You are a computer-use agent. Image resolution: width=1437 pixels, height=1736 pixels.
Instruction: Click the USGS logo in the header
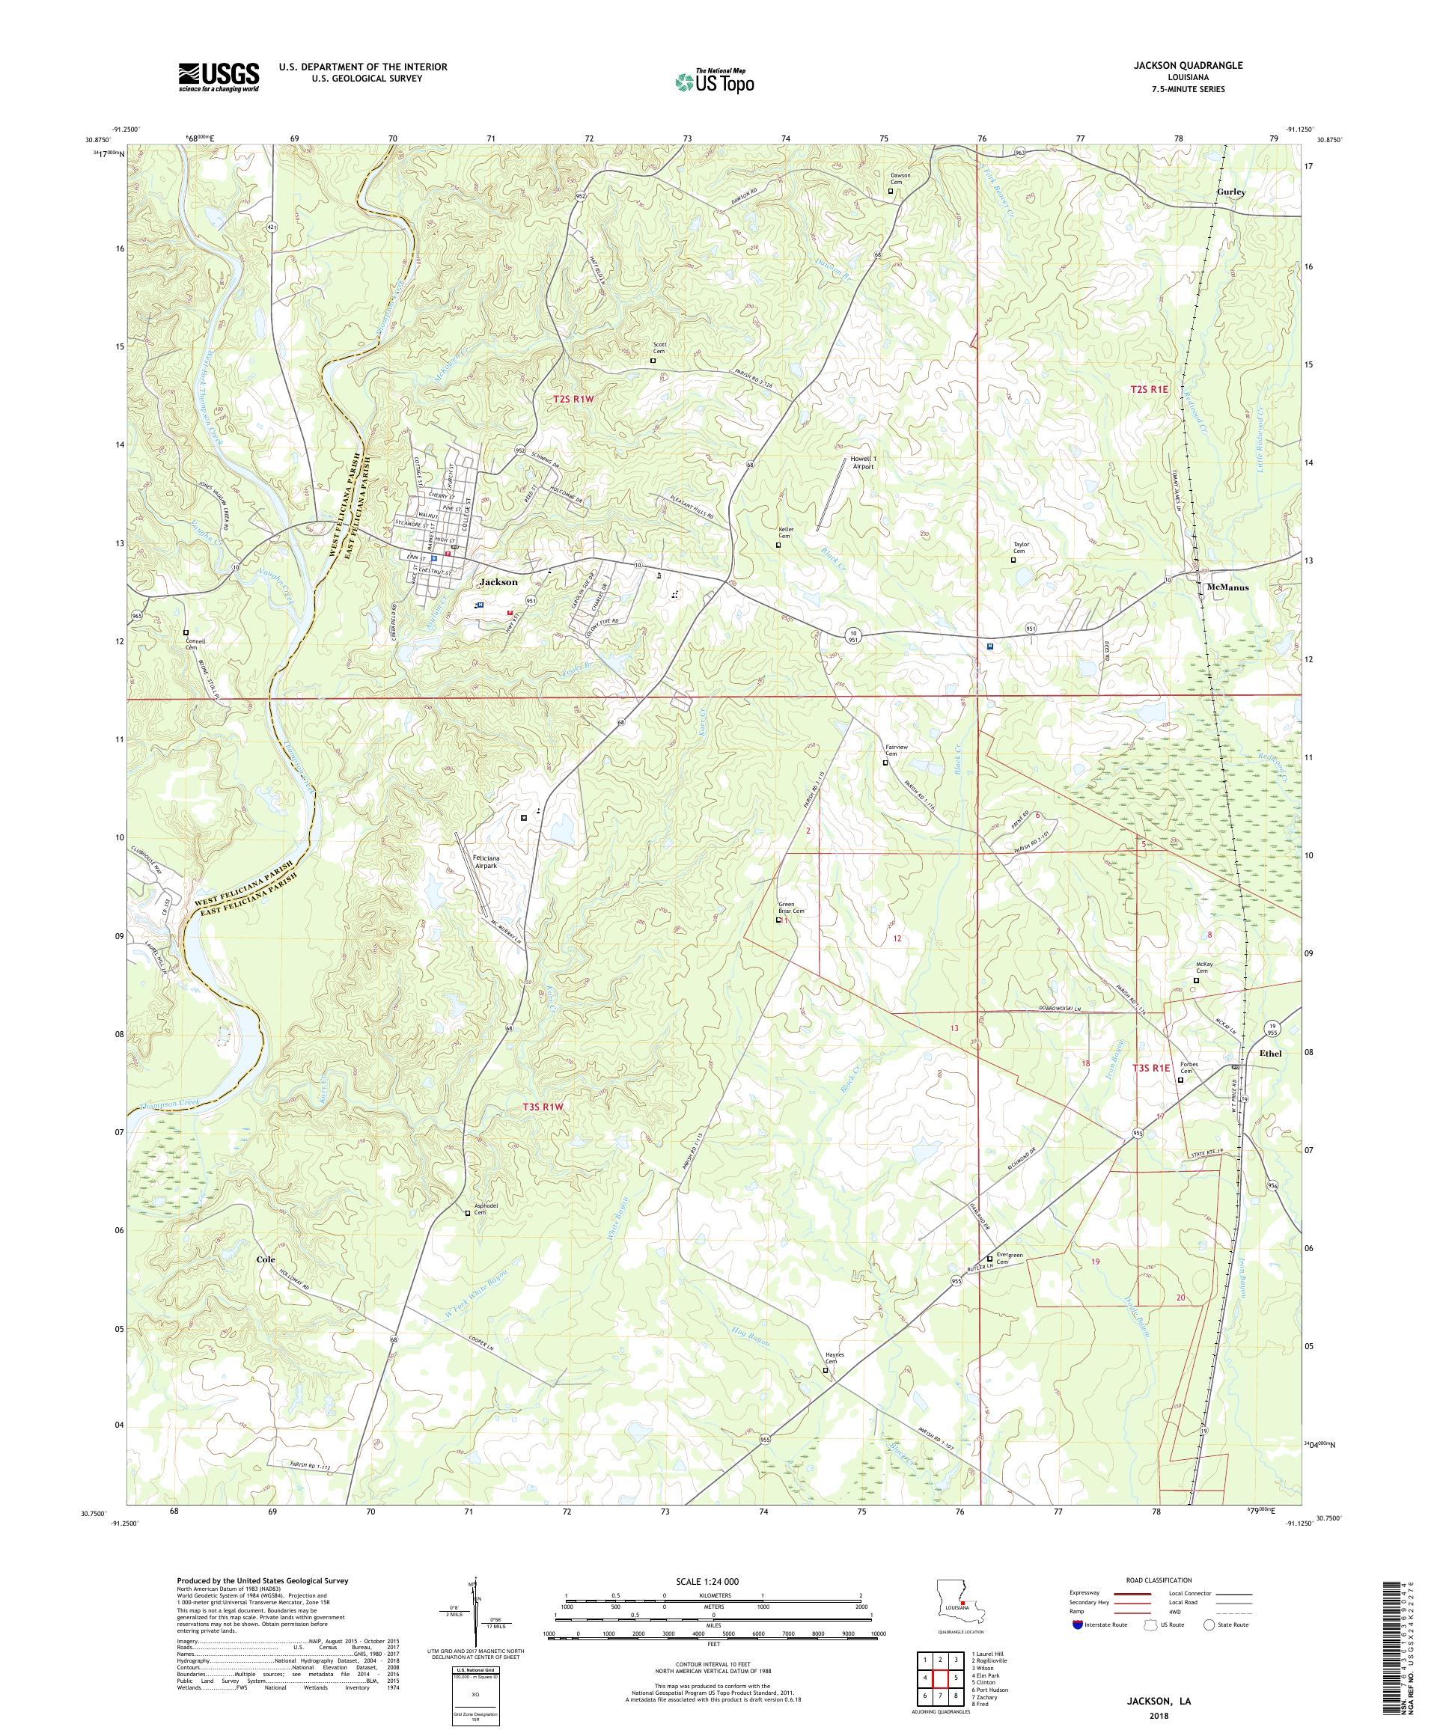[x=219, y=77]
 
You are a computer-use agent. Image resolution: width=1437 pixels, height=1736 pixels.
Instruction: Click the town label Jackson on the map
[x=498, y=582]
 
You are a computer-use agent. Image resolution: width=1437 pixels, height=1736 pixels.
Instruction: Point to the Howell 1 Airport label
[x=861, y=463]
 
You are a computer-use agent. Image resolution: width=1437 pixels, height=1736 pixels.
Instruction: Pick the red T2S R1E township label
[x=1153, y=388]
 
